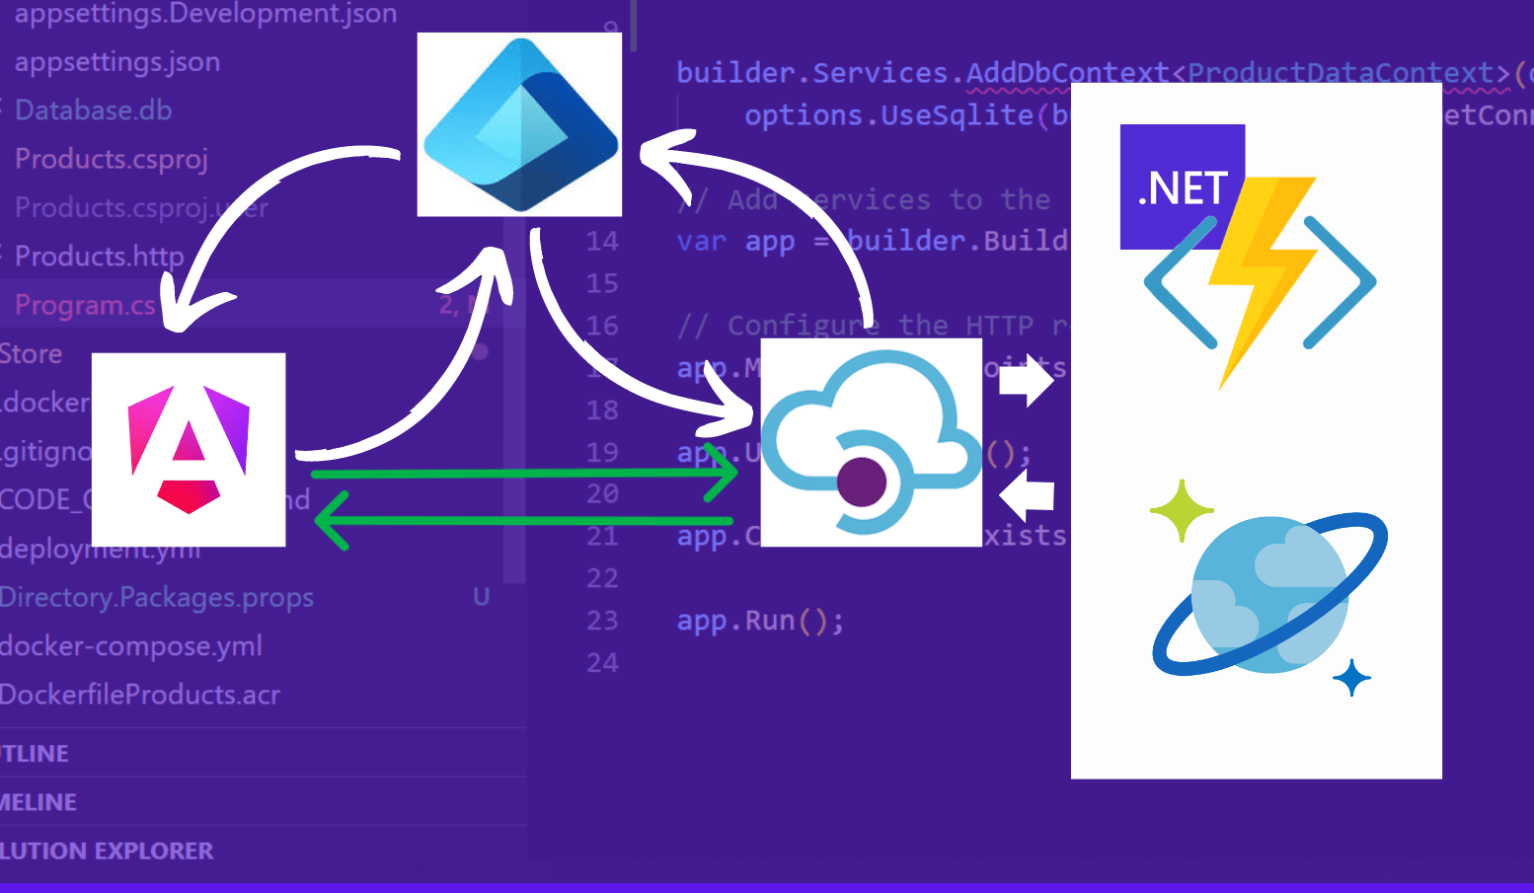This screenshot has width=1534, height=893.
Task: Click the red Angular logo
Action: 189,449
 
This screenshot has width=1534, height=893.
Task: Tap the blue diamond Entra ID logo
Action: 520,124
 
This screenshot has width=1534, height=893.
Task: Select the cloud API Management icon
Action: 871,441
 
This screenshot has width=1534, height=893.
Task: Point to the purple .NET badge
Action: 1181,186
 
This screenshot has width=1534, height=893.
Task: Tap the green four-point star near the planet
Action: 1181,510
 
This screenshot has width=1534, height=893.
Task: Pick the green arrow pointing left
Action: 523,520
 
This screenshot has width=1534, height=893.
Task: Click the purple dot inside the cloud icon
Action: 861,482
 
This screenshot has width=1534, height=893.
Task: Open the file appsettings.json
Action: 117,62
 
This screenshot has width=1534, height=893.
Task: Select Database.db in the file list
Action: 94,111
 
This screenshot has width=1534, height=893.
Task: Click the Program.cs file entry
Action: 85,306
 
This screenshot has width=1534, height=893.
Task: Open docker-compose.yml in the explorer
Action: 131,646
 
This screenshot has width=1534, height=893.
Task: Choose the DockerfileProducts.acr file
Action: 140,695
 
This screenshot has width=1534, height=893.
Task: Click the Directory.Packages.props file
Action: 157,598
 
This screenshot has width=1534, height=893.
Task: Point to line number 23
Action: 602,621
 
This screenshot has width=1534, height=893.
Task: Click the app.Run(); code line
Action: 760,621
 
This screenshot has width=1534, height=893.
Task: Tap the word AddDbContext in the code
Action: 1067,73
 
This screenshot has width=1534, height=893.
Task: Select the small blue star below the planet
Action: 1351,678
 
